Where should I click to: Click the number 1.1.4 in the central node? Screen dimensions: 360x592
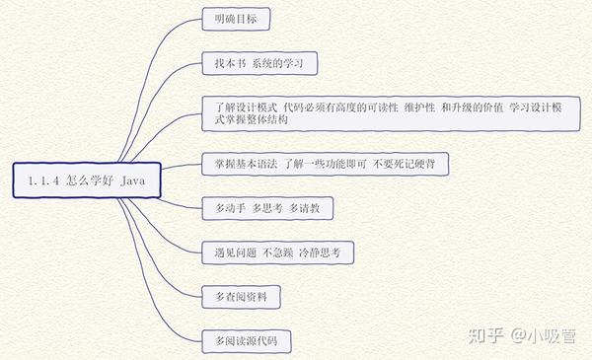coord(44,180)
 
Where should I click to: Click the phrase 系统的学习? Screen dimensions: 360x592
coord(277,63)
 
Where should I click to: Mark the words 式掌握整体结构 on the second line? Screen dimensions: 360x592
coord(252,119)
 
